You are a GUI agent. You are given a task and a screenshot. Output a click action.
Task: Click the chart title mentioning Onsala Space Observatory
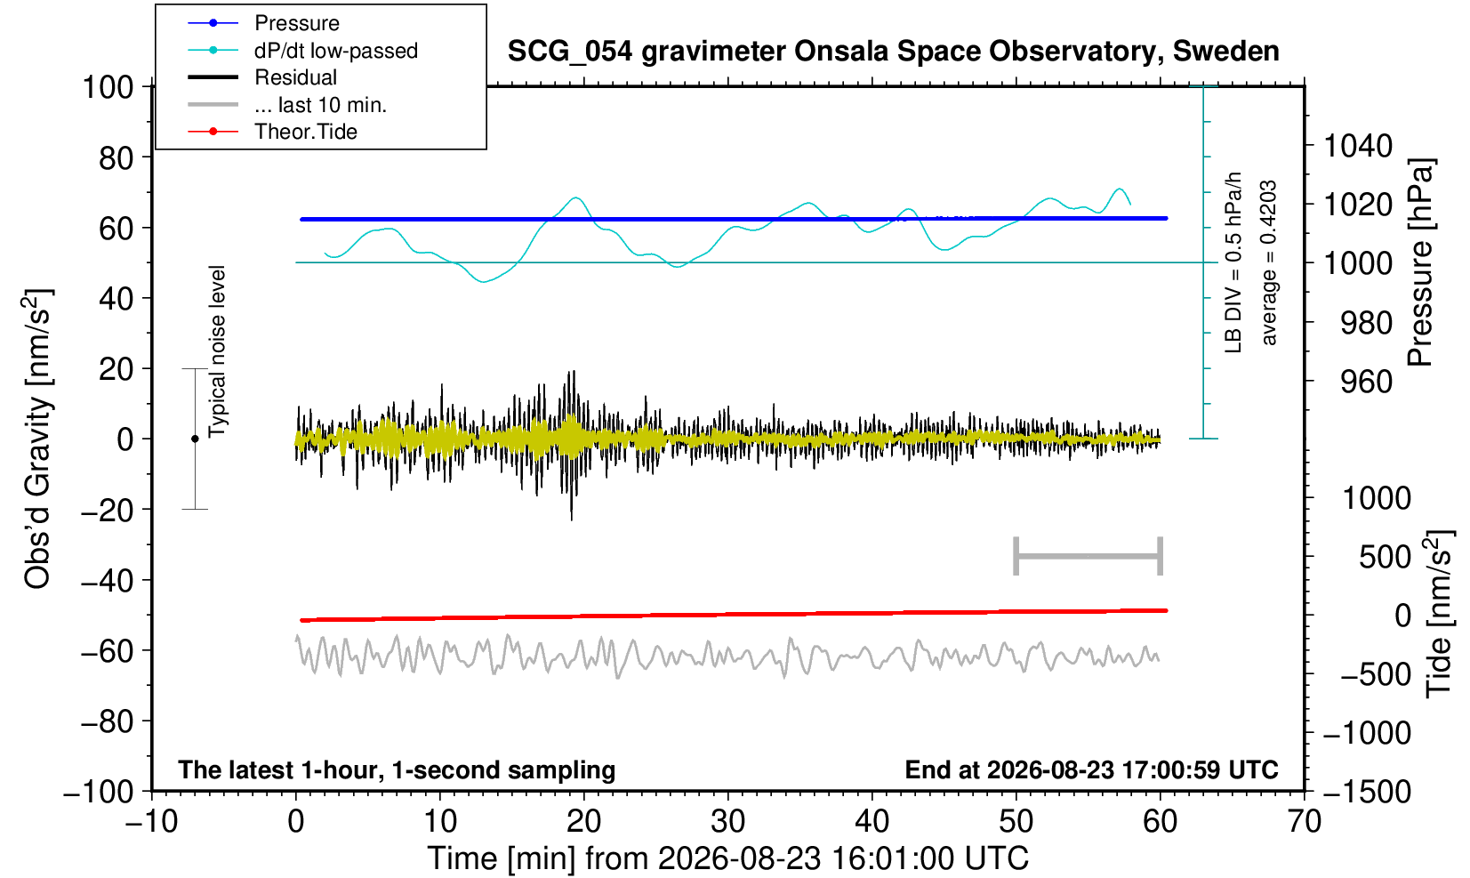(x=893, y=52)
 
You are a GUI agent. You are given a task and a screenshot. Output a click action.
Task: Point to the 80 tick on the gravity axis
(x=116, y=158)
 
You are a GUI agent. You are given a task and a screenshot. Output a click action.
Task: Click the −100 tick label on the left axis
(x=99, y=792)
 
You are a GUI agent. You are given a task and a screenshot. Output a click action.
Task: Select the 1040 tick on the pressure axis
(x=1358, y=146)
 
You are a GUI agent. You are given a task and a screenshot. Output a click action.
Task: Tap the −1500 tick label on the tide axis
(x=1367, y=792)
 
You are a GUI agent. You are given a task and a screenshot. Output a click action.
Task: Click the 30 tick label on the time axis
(x=727, y=822)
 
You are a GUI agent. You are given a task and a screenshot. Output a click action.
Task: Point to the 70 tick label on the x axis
(x=1304, y=822)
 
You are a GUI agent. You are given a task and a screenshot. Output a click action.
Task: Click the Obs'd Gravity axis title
(x=37, y=439)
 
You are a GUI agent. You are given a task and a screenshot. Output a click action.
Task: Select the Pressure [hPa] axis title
(x=1421, y=262)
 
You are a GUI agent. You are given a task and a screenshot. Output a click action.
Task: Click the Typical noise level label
(x=217, y=352)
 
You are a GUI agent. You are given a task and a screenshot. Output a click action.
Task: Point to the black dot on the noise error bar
(x=195, y=439)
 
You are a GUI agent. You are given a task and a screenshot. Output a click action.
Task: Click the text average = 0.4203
(x=1268, y=262)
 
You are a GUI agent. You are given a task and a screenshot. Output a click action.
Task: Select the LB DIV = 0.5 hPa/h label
(x=1233, y=262)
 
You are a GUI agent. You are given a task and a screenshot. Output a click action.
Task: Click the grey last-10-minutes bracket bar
(x=1088, y=556)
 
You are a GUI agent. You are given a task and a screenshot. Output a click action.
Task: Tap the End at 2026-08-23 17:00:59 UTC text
(x=1091, y=769)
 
